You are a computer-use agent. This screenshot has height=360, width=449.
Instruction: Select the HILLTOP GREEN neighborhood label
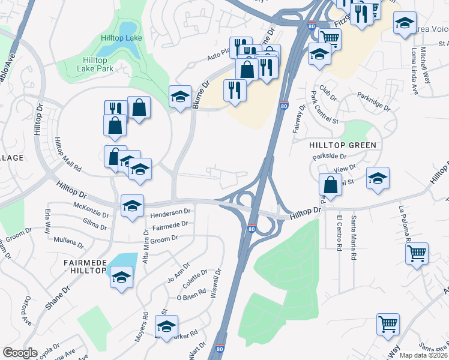click(343, 145)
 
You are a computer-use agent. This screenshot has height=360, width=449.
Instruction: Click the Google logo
click(20, 353)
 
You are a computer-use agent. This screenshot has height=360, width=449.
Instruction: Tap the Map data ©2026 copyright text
click(423, 355)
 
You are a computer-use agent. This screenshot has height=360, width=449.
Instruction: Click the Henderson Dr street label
click(170, 212)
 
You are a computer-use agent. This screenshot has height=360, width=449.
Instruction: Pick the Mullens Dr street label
click(69, 243)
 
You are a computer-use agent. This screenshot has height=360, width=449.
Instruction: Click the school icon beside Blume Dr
click(180, 97)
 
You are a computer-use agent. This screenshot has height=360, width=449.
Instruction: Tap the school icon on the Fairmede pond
click(122, 277)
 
